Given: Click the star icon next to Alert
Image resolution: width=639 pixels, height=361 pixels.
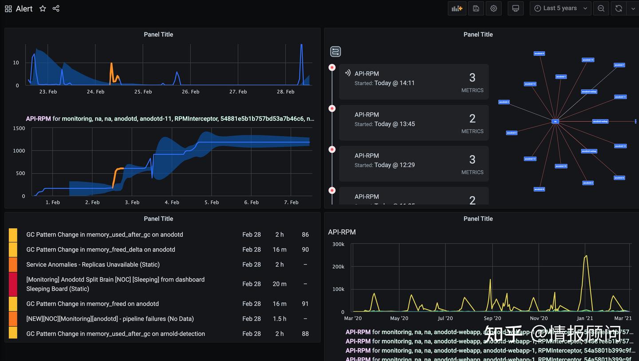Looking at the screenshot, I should click(x=43, y=8).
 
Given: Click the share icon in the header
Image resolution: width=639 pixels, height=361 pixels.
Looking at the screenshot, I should click(x=56, y=8).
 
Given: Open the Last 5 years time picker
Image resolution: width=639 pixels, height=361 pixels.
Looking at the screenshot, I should click(x=561, y=8).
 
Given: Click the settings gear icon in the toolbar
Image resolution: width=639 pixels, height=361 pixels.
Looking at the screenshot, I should click(x=493, y=8).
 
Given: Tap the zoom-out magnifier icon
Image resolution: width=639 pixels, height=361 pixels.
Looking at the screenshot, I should click(x=601, y=8).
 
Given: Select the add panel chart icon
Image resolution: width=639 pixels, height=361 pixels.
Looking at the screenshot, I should click(x=457, y=8).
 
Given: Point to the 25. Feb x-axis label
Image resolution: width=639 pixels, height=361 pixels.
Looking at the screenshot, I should click(x=143, y=92).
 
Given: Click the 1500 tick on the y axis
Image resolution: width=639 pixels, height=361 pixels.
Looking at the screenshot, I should click(x=19, y=128).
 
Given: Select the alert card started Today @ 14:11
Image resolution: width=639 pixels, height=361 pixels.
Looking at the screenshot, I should click(x=414, y=82).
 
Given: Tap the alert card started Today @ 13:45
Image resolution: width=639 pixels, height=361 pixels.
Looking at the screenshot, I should click(x=414, y=123).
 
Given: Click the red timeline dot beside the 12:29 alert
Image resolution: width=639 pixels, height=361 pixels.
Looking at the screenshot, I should click(x=332, y=150).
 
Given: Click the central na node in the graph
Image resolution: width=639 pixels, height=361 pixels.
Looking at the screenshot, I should click(x=555, y=121).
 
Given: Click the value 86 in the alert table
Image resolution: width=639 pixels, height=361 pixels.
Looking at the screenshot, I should click(x=305, y=234).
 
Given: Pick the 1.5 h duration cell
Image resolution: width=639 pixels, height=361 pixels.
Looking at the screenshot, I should click(x=280, y=319).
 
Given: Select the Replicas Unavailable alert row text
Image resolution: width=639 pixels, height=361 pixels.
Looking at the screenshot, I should click(x=93, y=265).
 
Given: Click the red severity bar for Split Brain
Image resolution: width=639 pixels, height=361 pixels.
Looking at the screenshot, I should click(x=13, y=284).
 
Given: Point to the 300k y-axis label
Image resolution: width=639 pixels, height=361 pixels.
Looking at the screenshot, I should click(x=338, y=244).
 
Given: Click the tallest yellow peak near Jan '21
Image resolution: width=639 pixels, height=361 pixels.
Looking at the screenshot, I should click(x=586, y=256).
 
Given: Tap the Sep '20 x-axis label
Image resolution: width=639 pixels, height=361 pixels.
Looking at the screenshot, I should click(x=492, y=318).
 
